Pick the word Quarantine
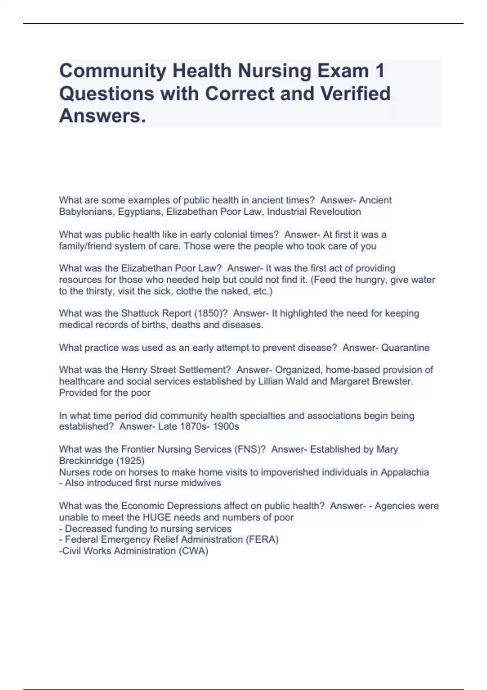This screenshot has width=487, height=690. tap(405, 348)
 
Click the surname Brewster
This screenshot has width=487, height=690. tap(393, 382)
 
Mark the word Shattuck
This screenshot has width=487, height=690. tap(140, 313)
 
